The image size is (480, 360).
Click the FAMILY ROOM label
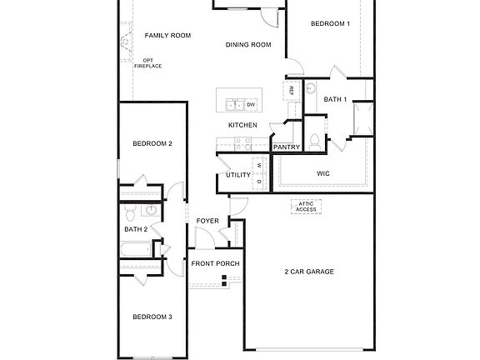coord(167,36)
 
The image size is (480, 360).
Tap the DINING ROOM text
coord(248,45)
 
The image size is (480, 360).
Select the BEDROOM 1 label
coord(330,24)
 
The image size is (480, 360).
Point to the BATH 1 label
coord(335,100)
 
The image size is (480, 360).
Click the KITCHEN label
coord(242,125)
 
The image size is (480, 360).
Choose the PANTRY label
coord(286,147)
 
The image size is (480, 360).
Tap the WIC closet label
coord(323,173)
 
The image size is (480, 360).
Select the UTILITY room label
coord(238,175)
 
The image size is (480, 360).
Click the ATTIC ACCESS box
coord(307,207)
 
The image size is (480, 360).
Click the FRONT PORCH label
coord(215,263)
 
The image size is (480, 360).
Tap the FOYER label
coord(207,221)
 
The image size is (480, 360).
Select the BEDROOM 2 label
coord(152,143)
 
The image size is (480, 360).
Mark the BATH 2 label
coord(136,229)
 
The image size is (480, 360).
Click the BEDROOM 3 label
coord(152,317)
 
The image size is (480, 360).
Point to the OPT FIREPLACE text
coord(147,63)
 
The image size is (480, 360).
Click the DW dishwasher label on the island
coord(251,104)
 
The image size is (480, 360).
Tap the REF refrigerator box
coord(291,90)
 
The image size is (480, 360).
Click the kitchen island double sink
coord(233,104)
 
